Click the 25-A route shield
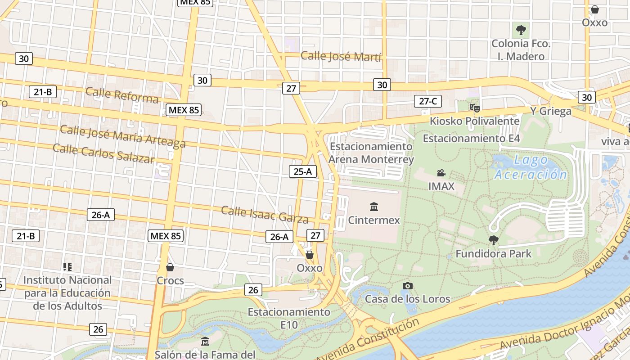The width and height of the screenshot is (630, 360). [302, 171]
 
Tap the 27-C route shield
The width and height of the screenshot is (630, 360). [427, 101]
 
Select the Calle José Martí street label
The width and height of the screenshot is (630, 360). [341, 57]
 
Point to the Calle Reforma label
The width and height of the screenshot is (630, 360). [122, 95]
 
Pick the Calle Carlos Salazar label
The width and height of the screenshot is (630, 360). [103, 153]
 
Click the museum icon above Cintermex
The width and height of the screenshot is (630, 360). [373, 207]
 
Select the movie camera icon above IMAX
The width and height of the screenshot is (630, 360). [441, 173]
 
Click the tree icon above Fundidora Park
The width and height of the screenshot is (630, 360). [494, 240]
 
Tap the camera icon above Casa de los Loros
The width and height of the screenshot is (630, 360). [408, 286]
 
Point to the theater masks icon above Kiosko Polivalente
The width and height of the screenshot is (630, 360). [474, 108]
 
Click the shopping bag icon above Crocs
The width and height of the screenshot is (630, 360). [170, 267]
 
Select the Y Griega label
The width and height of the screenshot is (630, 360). [550, 111]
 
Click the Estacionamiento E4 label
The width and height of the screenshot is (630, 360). [471, 138]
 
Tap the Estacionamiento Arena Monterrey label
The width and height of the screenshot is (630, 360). [371, 153]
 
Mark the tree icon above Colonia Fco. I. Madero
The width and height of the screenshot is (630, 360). [521, 30]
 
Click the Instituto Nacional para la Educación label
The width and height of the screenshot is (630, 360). [67, 293]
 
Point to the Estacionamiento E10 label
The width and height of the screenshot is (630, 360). [289, 318]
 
